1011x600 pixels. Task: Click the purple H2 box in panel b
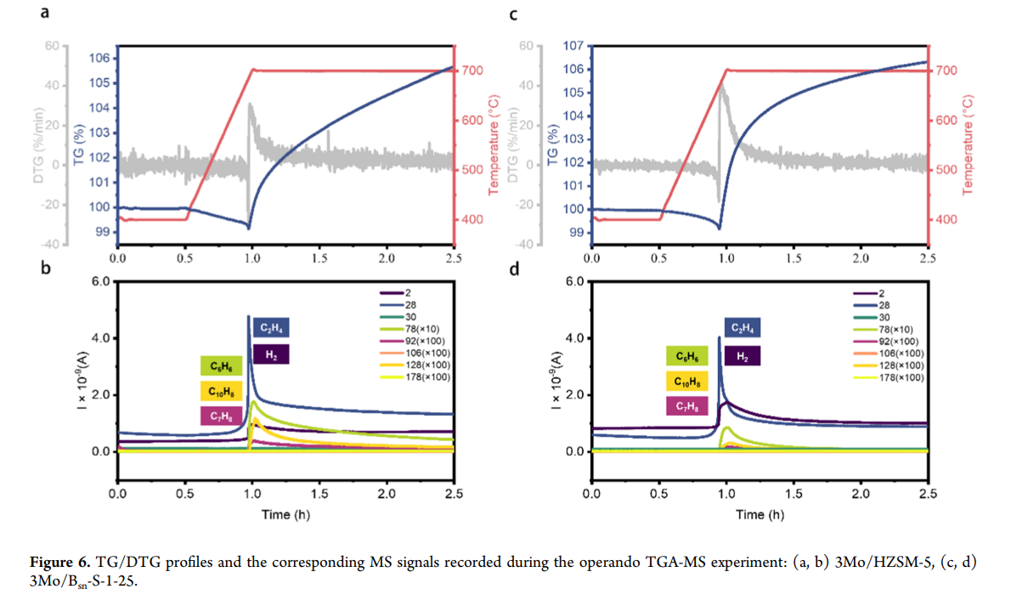pyautogui.click(x=271, y=354)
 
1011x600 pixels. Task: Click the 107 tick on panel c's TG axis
pyautogui.click(x=573, y=46)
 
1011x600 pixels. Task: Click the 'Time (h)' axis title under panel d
pyautogui.click(x=760, y=514)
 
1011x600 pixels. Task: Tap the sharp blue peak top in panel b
pyautogui.click(x=249, y=316)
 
